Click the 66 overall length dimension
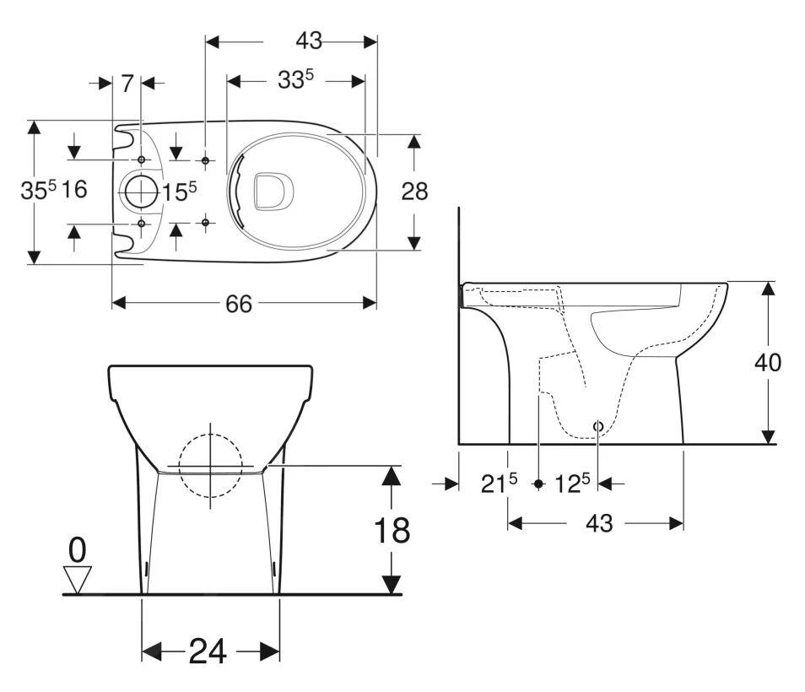tap(239, 304)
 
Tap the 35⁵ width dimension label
tap(39, 191)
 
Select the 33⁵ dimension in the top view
tap(296, 80)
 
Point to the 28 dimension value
tap(414, 192)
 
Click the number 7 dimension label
tap(127, 83)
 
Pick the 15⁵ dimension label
tap(180, 192)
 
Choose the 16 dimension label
tap(74, 190)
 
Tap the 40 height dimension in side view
tap(768, 362)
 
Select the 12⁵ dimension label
tap(573, 484)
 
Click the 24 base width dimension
tap(208, 651)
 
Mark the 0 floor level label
tap(77, 550)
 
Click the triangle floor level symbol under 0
tap(78, 578)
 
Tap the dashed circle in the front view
tap(210, 465)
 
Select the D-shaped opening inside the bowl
tap(272, 191)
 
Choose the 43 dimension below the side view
tap(598, 523)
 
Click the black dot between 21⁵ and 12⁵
tap(538, 484)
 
